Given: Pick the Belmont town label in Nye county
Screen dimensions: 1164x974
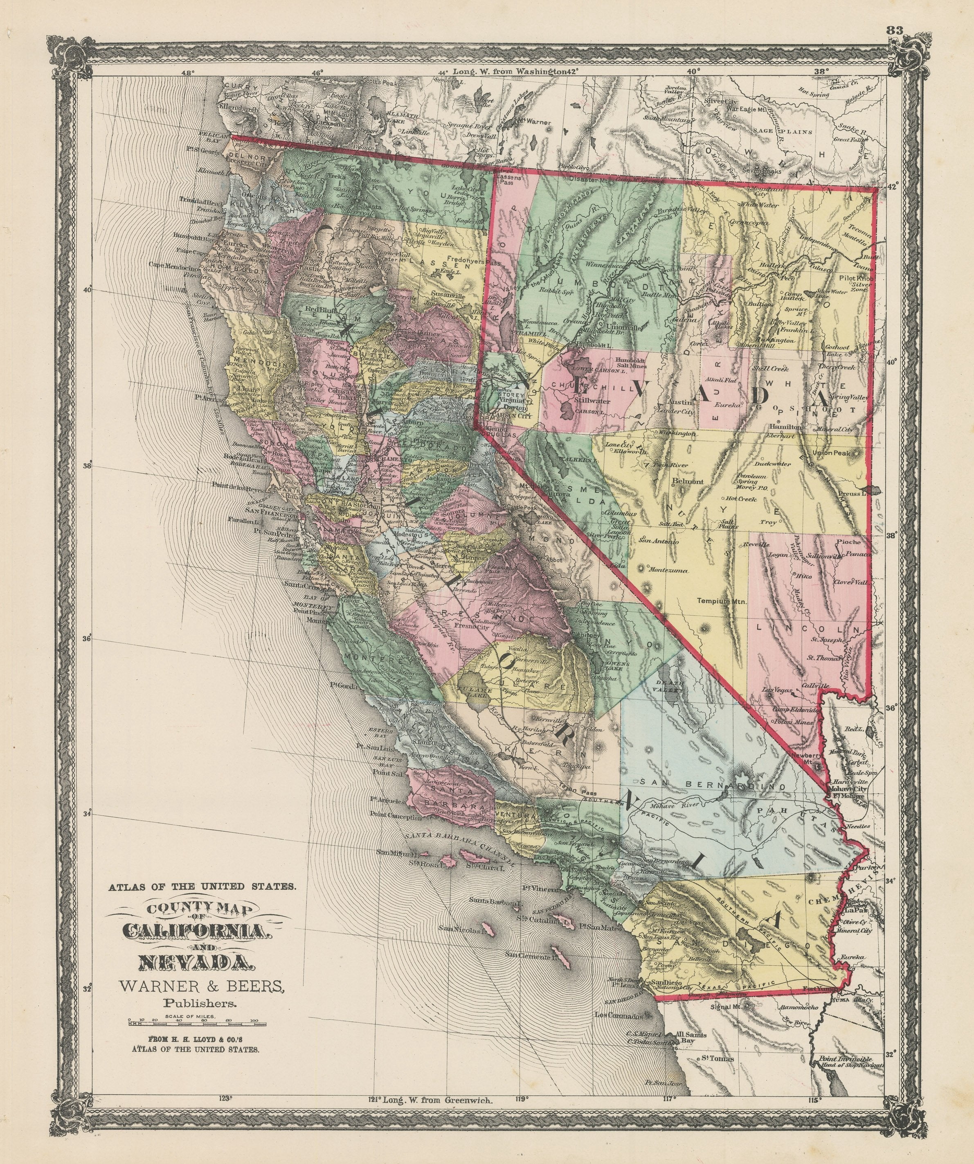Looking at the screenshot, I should coord(688,482).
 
